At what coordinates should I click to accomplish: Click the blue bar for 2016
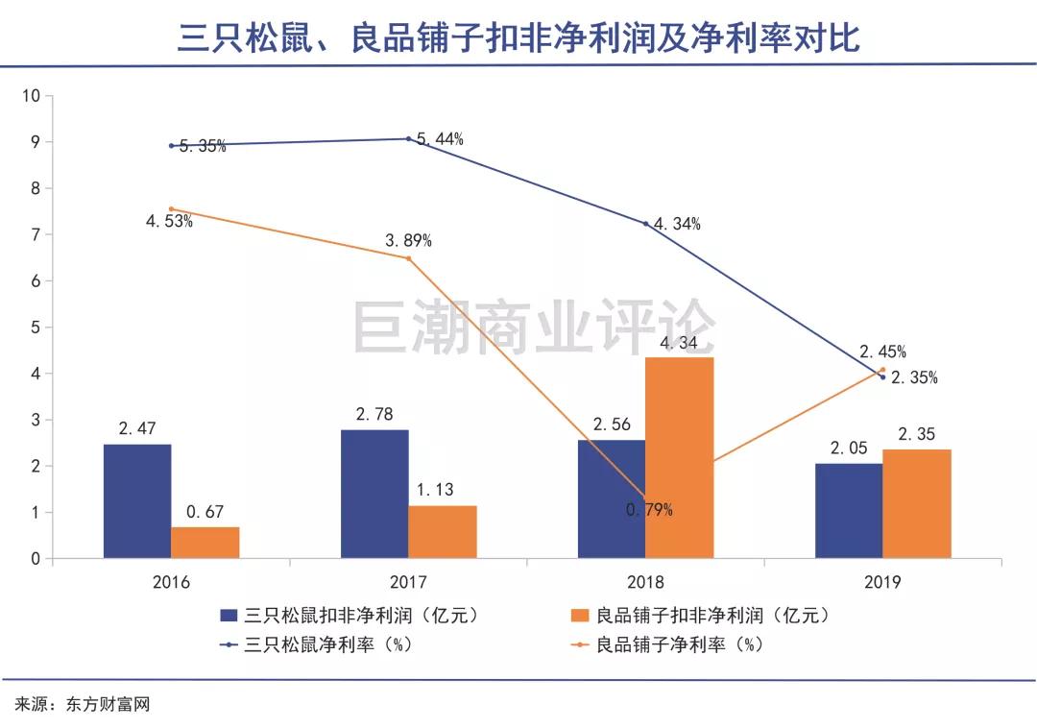click(x=137, y=500)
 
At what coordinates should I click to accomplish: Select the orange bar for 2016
click(x=205, y=543)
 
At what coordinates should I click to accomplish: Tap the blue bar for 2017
click(x=374, y=494)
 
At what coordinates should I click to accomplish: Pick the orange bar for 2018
click(x=680, y=457)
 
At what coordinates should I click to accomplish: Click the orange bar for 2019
click(x=917, y=503)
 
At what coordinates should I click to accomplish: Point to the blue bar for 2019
click(x=849, y=510)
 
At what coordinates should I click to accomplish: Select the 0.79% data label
click(x=649, y=510)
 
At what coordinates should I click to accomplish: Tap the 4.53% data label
click(x=170, y=222)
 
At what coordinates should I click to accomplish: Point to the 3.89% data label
click(x=409, y=241)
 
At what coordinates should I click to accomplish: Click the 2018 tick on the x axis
click(x=645, y=582)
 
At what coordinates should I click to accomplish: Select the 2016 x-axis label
click(x=171, y=582)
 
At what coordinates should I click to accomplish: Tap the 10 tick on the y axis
click(x=31, y=96)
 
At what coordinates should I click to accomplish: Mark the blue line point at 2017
click(x=408, y=138)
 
